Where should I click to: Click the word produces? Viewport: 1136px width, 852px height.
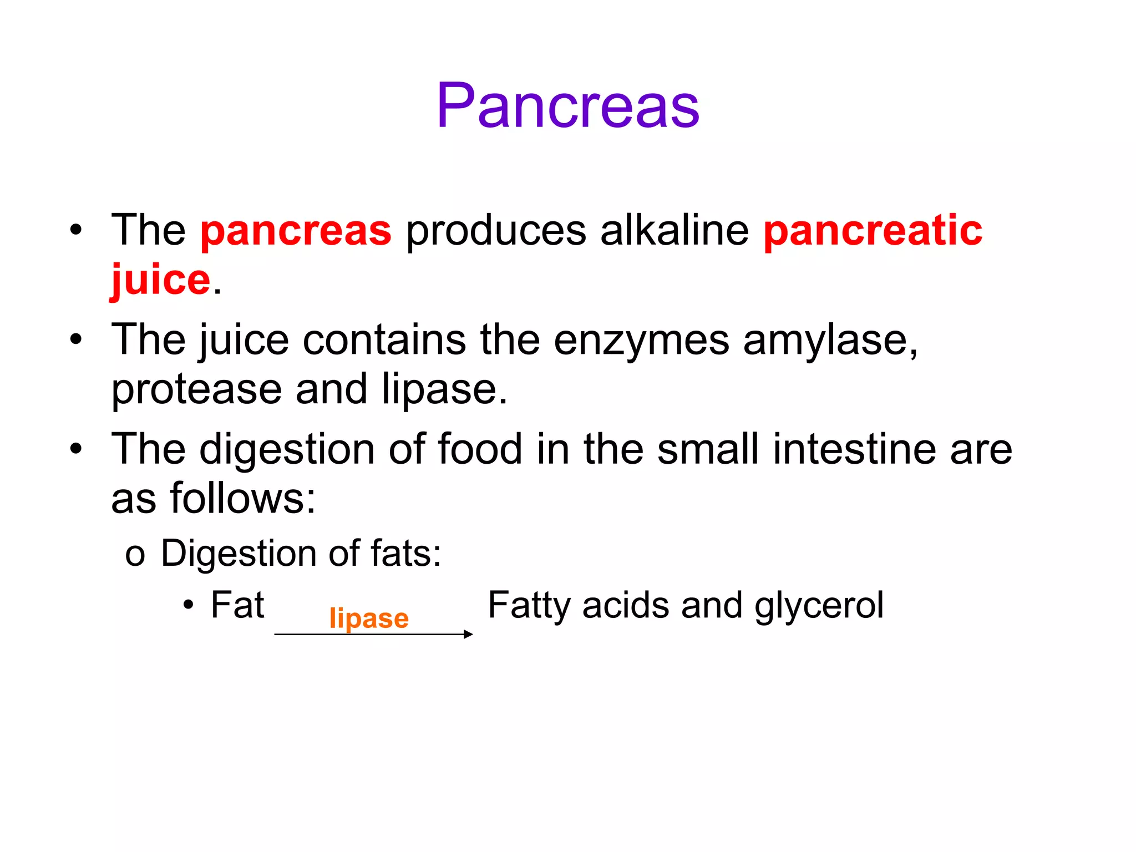pos(496,232)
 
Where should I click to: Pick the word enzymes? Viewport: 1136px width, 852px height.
pos(641,341)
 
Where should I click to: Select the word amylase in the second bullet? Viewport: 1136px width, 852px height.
pos(830,341)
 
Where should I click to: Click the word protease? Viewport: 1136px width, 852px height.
pos(196,389)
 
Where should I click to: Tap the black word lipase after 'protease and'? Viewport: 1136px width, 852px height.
pos(444,389)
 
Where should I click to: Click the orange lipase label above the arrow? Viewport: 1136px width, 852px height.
pos(369,618)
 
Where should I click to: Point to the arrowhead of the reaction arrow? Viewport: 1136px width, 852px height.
pos(469,634)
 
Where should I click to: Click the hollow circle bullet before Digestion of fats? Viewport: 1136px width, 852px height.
pos(135,555)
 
